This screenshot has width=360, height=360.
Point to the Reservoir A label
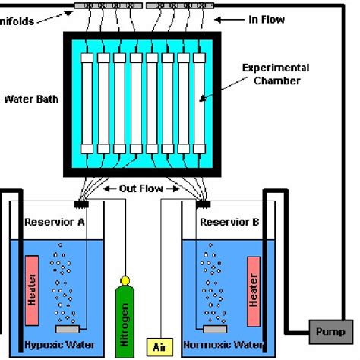click(x=54, y=222)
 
